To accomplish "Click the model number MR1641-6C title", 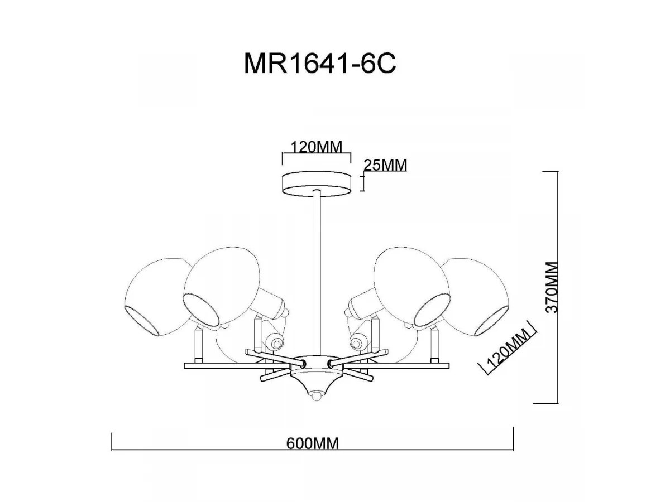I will click(x=319, y=64).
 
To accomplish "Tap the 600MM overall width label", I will click(x=313, y=443).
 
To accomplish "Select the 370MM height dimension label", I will click(x=552, y=287).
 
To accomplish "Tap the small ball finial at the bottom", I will click(x=317, y=395).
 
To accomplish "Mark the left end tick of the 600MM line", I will click(x=113, y=441).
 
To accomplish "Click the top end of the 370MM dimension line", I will click(x=557, y=172).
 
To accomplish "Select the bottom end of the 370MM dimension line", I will click(x=557, y=402).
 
